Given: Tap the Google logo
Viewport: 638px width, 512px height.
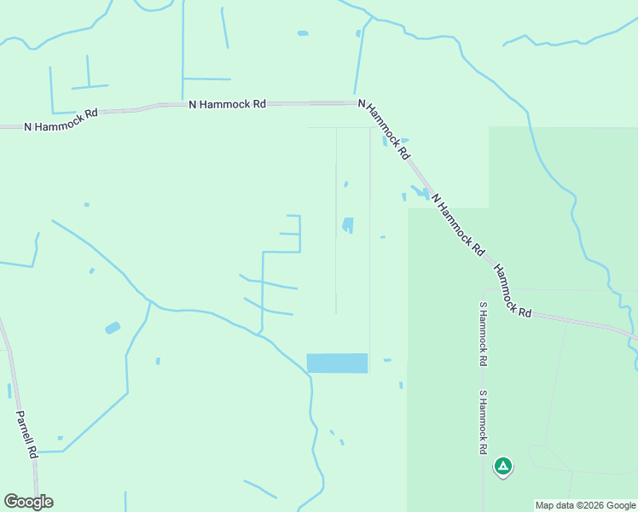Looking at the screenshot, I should (28, 502).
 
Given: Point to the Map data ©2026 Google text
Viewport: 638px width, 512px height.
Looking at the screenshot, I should (585, 505).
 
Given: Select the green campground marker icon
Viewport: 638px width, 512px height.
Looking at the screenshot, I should (503, 466).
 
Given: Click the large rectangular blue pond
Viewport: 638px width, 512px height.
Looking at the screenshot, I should (337, 363).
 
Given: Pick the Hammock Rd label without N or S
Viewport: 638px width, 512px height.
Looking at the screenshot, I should (512, 290).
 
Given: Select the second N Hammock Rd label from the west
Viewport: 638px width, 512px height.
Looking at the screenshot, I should (227, 104).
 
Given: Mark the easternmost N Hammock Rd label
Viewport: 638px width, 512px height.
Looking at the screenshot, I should (458, 225).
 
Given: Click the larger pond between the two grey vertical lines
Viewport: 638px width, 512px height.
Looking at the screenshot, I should (348, 225).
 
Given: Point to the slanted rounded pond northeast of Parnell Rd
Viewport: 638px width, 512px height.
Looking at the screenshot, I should (113, 328).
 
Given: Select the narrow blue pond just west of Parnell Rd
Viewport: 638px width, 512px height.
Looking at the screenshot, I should (9, 391).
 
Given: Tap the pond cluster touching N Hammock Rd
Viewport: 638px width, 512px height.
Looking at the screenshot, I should (420, 193).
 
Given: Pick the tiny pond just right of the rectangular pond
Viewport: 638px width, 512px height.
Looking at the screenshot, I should (387, 360).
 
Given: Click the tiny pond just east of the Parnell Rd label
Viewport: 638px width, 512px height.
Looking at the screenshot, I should (61, 438).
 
